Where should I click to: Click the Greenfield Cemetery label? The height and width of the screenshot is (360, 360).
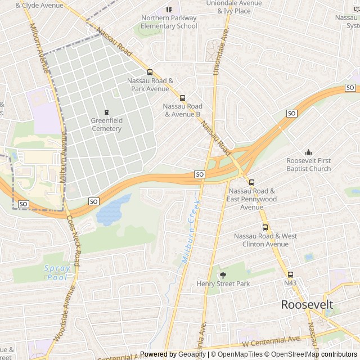pyautogui.click(x=106, y=124)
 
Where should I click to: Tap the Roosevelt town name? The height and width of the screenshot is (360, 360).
pyautogui.click(x=307, y=305)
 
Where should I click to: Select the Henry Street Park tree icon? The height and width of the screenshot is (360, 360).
pyautogui.click(x=223, y=275)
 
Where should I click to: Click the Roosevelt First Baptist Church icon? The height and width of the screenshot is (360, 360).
pyautogui.click(x=308, y=152)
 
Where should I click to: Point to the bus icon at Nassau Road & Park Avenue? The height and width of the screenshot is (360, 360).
pyautogui.click(x=150, y=72)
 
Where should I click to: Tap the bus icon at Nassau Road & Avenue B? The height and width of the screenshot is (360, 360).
pyautogui.click(x=182, y=98)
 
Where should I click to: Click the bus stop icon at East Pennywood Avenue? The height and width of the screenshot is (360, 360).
pyautogui.click(x=251, y=182)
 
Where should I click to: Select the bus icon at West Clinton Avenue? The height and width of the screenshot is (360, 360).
pyautogui.click(x=265, y=227)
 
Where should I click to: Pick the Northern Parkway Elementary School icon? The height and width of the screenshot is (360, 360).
pyautogui.click(x=169, y=10)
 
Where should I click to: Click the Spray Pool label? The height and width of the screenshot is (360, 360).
pyautogui.click(x=57, y=273)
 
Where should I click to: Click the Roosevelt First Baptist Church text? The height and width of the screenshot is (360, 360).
pyautogui.click(x=308, y=165)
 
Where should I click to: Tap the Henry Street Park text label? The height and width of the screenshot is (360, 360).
pyautogui.click(x=223, y=284)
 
